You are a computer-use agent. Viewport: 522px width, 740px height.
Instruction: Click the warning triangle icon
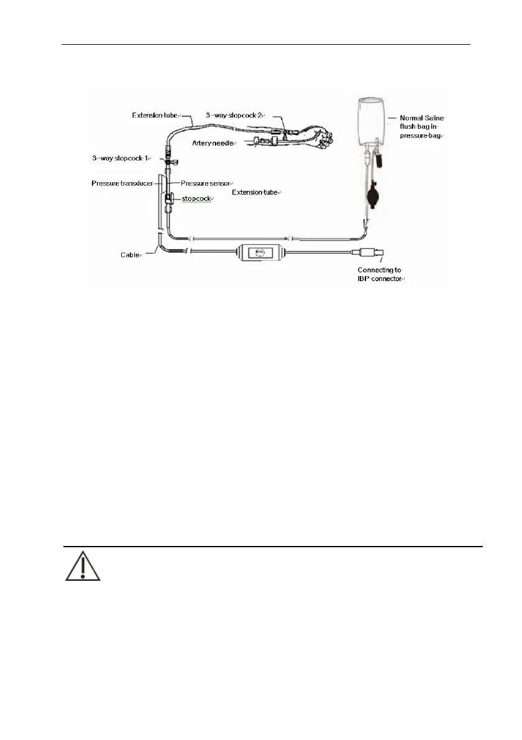coord(83,565)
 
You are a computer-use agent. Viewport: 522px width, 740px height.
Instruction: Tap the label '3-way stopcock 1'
coord(122,159)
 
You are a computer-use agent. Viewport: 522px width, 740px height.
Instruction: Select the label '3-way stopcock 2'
coord(235,116)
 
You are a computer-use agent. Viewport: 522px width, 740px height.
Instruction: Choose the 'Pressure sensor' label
coord(206,183)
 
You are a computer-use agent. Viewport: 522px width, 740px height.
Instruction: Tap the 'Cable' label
coord(130,255)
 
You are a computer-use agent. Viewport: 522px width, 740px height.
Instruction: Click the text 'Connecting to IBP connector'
coord(380,274)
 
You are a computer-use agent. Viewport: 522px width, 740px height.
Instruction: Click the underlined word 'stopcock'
coord(196,198)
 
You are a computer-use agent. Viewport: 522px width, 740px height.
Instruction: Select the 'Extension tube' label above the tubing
coord(155,116)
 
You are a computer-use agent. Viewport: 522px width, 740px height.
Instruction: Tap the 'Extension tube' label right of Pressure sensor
coord(256,193)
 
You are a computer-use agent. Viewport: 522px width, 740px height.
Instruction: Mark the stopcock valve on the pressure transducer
coord(169,200)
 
